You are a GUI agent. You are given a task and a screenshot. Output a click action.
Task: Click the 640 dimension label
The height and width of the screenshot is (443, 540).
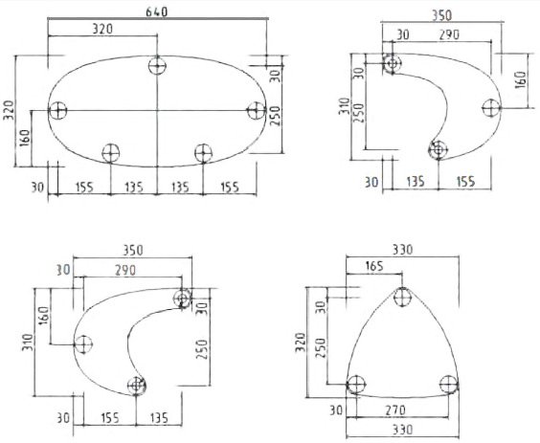tap(156, 11)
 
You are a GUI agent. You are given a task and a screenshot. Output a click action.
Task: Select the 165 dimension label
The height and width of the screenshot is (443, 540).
tap(374, 266)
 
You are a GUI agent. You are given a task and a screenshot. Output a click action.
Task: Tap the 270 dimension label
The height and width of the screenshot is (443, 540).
tap(395, 410)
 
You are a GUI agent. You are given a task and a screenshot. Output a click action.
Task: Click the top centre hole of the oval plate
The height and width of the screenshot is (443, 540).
tap(157, 65)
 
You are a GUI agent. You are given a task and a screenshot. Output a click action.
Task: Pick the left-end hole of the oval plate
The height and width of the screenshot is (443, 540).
tap(57, 110)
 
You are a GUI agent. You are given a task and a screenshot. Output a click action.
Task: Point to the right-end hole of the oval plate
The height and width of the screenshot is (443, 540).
tap(257, 110)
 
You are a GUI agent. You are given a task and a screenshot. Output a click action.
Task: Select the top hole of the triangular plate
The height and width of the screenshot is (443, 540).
tap(402, 297)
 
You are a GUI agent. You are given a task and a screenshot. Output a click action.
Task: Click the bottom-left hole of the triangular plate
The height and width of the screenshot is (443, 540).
tap(356, 384)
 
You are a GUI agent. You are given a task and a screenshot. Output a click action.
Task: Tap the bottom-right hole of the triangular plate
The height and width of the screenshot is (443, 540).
tap(448, 384)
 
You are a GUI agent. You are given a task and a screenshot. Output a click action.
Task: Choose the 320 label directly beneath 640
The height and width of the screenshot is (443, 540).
tap(102, 29)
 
